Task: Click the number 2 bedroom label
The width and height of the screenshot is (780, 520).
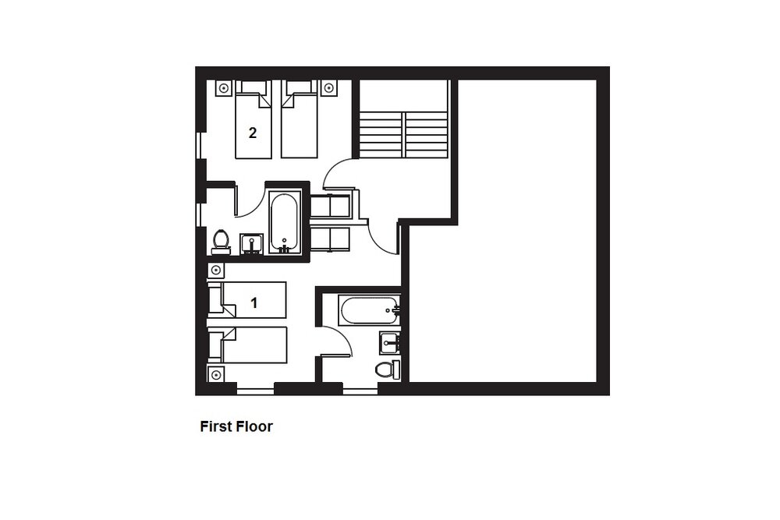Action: pos(253,133)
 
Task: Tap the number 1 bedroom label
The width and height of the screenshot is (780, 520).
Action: pos(254,302)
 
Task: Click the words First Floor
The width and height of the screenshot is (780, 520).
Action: pos(236,426)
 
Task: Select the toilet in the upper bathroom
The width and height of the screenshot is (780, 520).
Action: pos(221,242)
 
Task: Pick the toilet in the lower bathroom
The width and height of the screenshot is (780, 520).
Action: pos(388,370)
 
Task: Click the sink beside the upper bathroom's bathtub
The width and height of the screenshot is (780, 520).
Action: pos(252,243)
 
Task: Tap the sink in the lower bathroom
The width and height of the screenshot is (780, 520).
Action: pos(389,343)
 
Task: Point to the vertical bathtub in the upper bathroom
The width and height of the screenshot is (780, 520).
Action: pos(284,223)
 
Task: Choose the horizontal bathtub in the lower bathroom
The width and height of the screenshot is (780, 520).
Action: pos(369,311)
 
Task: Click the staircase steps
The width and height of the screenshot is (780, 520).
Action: pos(403,135)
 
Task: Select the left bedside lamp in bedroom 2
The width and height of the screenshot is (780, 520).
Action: pos(224,88)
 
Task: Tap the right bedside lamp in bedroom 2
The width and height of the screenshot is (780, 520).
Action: pos(328,88)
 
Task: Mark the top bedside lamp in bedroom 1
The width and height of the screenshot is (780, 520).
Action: pos(216,270)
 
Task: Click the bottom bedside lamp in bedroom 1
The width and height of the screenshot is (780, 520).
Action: pos(216,374)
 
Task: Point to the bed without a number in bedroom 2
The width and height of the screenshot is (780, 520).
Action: pos(299,119)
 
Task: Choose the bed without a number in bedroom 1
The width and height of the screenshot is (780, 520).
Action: pos(247,345)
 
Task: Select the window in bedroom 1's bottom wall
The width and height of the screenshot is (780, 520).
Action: pos(255,390)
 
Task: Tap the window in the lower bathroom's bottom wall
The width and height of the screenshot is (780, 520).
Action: pos(360,390)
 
